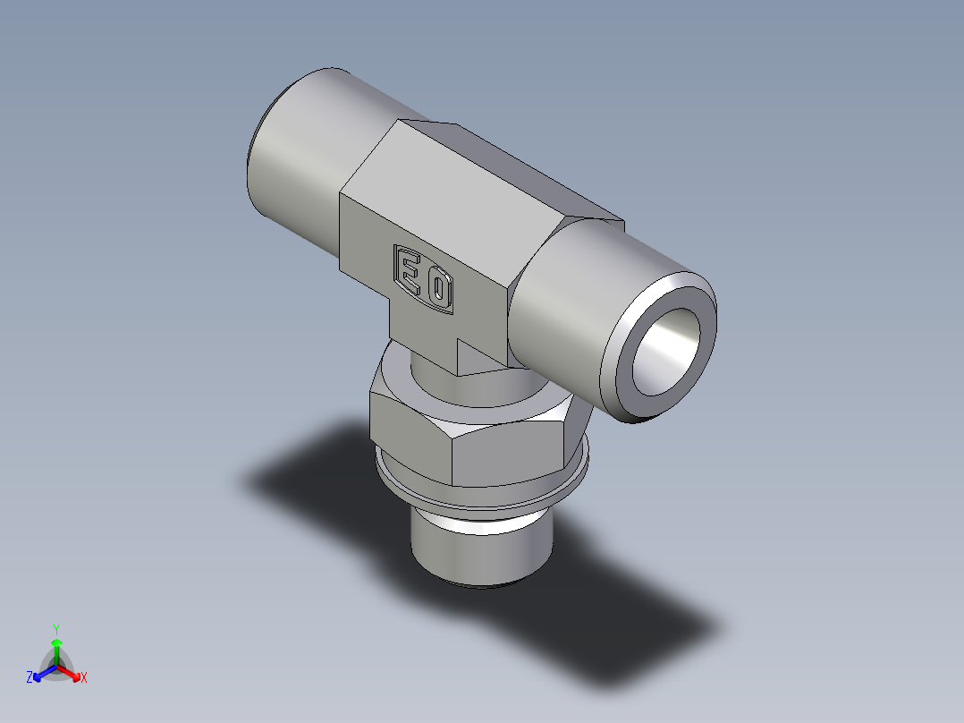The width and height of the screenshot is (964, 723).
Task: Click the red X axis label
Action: click(84, 678)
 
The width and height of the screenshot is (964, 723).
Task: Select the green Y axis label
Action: click(55, 628)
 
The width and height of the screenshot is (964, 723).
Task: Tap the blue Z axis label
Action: click(30, 678)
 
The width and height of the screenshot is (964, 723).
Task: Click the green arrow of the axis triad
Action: click(56, 648)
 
